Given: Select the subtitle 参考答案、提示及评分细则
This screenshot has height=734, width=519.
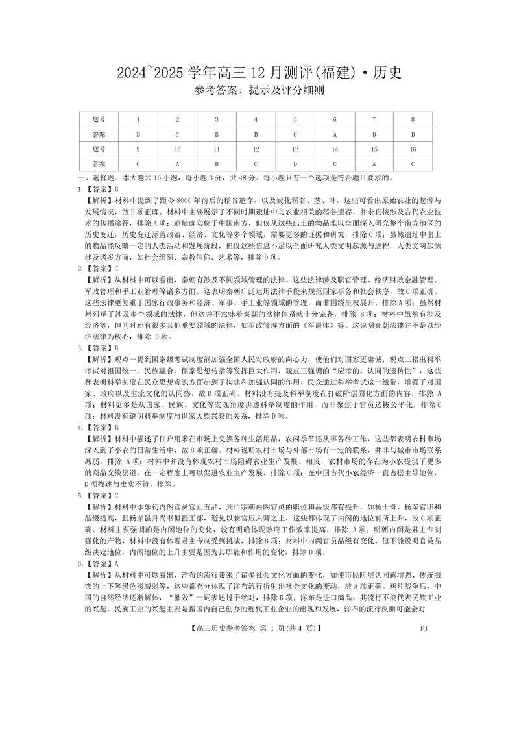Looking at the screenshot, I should pyautogui.click(x=259, y=92).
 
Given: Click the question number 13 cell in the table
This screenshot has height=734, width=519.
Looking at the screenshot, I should pyautogui.click(x=295, y=149).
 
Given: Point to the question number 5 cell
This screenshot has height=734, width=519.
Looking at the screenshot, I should pyautogui.click(x=295, y=119).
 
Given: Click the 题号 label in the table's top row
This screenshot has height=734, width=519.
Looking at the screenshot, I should pyautogui.click(x=99, y=119).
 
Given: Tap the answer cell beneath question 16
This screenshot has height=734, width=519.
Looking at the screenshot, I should pyautogui.click(x=413, y=164).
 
